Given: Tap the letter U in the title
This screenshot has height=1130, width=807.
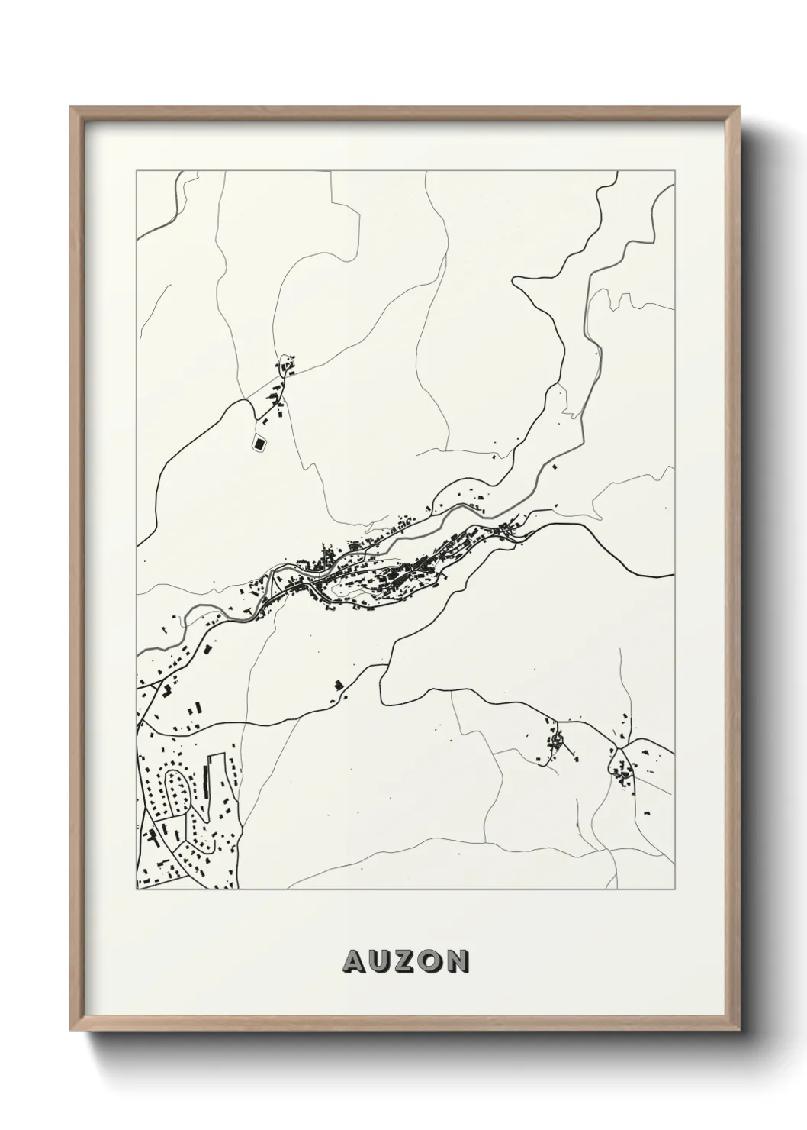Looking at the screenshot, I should click(x=381, y=962).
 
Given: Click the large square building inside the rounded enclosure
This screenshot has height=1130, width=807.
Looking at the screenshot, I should click(x=259, y=442).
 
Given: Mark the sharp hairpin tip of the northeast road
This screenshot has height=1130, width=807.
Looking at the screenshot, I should click(x=516, y=282).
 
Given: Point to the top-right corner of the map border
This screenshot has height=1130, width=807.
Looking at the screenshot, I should click(x=674, y=171).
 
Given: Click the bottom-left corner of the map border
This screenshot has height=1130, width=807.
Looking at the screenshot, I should click(x=137, y=889).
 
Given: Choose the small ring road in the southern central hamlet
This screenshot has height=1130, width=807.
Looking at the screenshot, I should click(x=557, y=739).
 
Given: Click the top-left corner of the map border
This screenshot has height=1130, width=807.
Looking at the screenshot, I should click(x=137, y=171).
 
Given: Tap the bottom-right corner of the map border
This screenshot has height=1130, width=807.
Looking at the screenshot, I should click(x=674, y=889).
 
